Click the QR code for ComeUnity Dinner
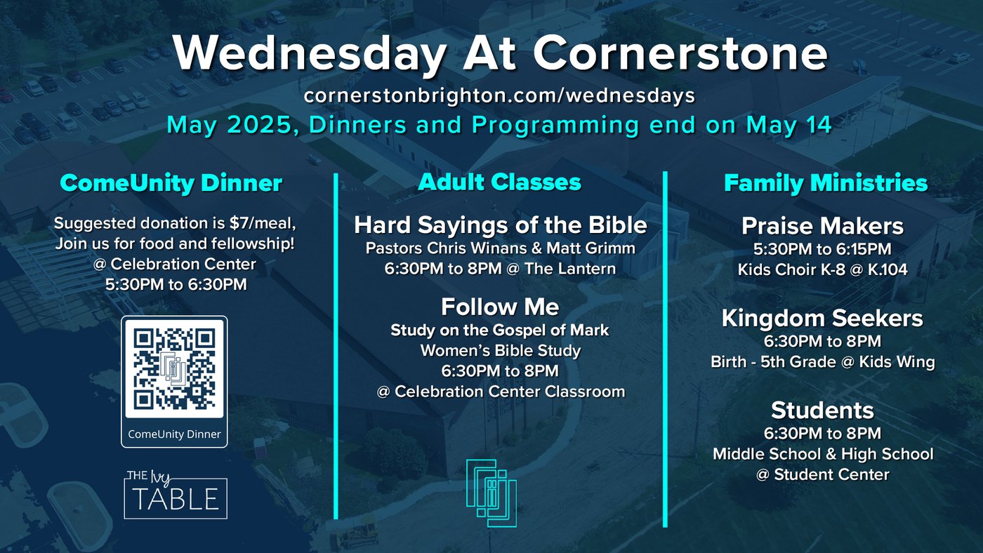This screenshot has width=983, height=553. tap(174, 369)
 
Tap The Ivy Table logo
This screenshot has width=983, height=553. tap(176, 495)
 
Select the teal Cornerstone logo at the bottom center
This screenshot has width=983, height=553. tap(491, 493)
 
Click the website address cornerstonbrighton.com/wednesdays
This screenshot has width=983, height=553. tap(499, 95)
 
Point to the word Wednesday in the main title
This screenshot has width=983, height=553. tap(310, 53)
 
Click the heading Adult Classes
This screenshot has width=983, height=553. tap(500, 182)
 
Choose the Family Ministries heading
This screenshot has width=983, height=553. tap(826, 183)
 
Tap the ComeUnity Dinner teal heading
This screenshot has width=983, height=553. tap(171, 183)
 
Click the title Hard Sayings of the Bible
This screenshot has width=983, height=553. tap(501, 225)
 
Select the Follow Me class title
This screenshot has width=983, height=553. tap(500, 307)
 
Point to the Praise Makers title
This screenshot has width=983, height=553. tap(822, 226)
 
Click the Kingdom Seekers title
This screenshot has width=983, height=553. tap(822, 319)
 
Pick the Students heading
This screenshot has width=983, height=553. tap(822, 411)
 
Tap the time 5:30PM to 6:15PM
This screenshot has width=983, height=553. tap(822, 249)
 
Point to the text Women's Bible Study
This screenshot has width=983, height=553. tap(500, 351)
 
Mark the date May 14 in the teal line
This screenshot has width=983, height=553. tap(789, 126)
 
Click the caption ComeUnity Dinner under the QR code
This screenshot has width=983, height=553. tap(174, 434)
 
